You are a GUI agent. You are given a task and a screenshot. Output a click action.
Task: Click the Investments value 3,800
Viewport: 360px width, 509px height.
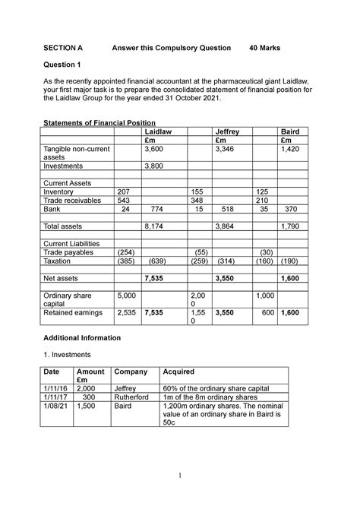(x=156, y=165)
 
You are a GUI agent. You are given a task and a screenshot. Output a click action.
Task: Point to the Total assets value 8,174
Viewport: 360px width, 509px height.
(x=156, y=226)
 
